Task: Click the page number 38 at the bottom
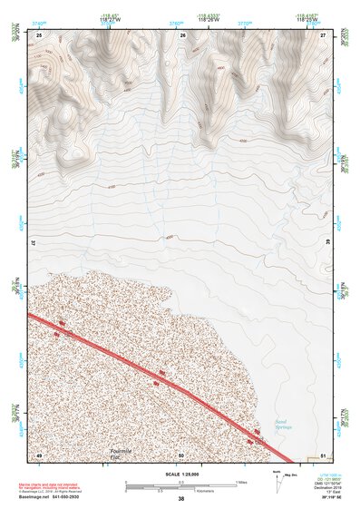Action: click(x=180, y=499)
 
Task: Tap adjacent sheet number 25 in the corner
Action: click(x=39, y=34)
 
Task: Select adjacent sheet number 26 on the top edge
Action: click(x=182, y=34)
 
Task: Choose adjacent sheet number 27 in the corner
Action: click(x=324, y=34)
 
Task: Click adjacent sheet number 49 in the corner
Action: click(x=39, y=455)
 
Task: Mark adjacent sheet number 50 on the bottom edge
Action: click(x=181, y=455)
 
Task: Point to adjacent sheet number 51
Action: click(x=324, y=455)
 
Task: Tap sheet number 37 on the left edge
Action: click(x=35, y=244)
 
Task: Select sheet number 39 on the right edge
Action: click(x=327, y=244)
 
